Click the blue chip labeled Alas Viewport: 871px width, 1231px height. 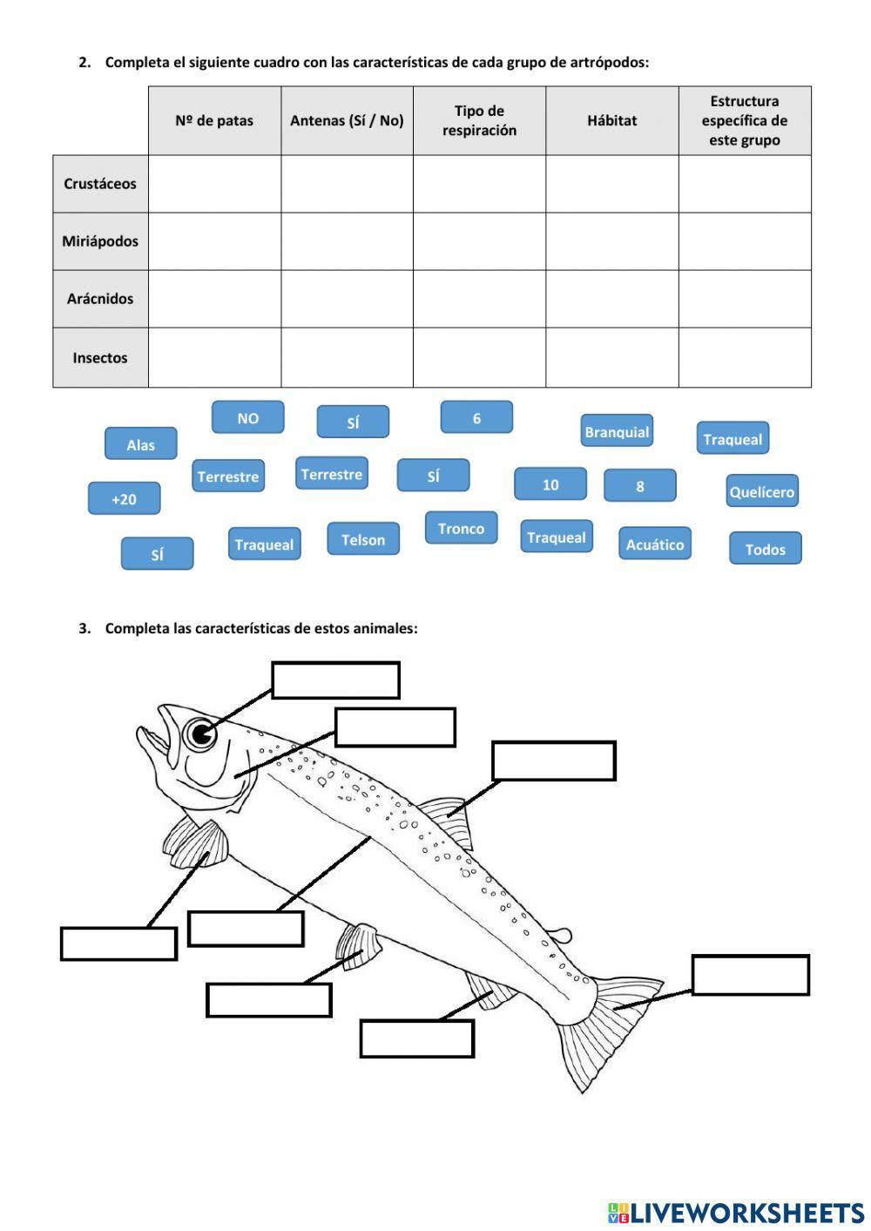click(140, 444)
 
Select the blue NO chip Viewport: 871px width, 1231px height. click(247, 417)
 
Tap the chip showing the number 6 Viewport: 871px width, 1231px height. click(476, 417)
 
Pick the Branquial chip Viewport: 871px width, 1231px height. click(617, 431)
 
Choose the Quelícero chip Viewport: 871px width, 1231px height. click(761, 491)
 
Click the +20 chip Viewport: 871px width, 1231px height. click(124, 498)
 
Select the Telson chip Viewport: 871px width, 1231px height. click(363, 539)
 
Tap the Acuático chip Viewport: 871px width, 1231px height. click(655, 544)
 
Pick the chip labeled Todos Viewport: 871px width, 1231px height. click(765, 549)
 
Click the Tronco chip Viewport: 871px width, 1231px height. click(461, 528)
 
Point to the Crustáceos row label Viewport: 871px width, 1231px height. click(100, 184)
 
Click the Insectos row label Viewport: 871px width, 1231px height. click(100, 357)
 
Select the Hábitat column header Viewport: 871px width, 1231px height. click(611, 120)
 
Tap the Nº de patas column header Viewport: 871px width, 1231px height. click(214, 120)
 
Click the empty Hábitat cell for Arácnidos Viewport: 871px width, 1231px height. click(611, 299)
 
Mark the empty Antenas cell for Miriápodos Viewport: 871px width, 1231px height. click(347, 241)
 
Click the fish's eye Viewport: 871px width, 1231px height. click(201, 734)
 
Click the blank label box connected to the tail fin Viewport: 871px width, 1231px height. click(750, 975)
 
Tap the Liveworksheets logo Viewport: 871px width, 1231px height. click(735, 1212)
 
